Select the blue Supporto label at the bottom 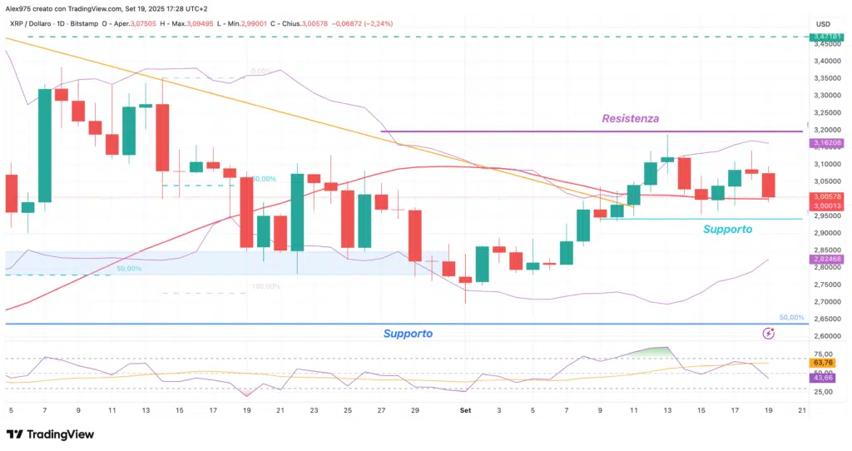408,334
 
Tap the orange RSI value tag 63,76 823,363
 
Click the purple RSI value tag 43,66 823,378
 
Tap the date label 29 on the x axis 414,410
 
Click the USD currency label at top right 824,23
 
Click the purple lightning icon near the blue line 770,334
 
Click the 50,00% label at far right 790,318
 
